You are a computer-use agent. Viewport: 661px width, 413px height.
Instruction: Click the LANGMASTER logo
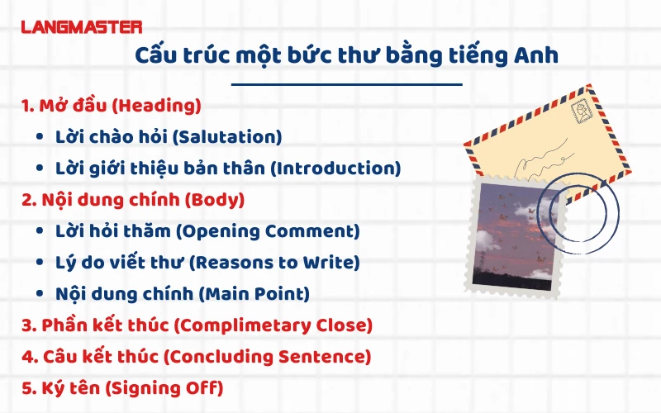[81, 27]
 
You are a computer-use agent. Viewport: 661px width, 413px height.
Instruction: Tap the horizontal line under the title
[345, 84]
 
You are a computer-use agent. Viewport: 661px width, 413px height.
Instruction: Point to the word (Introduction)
[336, 168]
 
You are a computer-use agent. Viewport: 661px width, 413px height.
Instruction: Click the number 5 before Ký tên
[26, 387]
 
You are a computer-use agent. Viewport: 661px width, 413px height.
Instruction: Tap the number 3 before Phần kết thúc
[26, 325]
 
